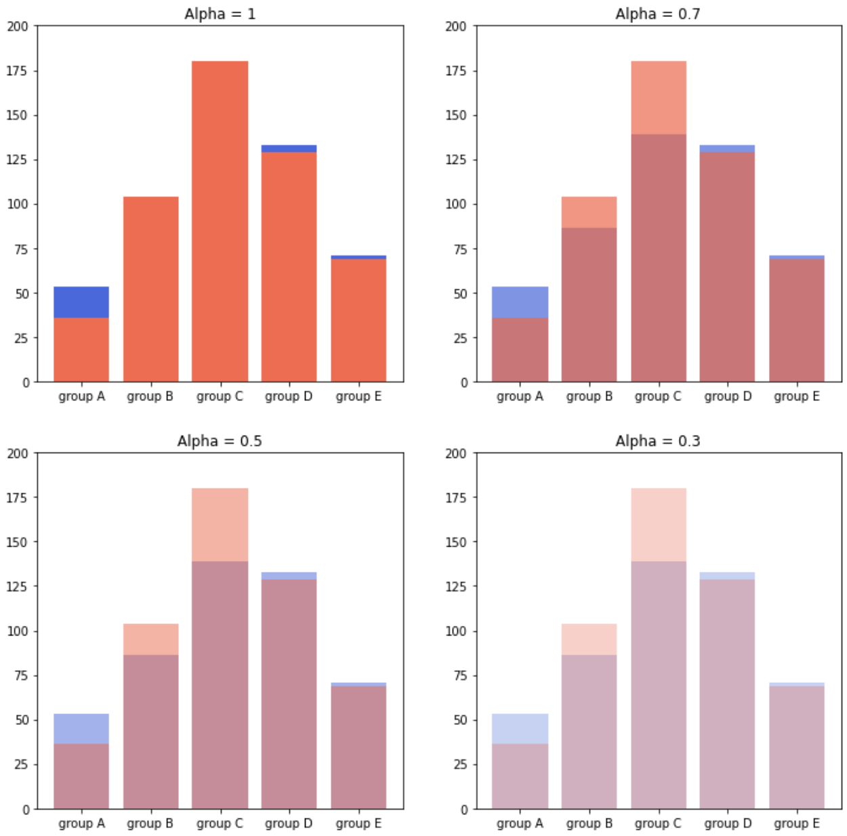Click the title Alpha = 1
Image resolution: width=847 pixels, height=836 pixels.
tap(220, 14)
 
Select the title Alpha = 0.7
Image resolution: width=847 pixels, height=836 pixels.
tap(657, 14)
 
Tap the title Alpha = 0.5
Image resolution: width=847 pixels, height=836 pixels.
tap(220, 441)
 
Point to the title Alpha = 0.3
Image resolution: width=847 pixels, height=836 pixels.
tap(657, 441)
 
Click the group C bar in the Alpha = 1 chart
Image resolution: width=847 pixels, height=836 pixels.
tap(220, 221)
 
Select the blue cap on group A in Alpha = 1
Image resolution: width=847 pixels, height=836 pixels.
tap(81, 302)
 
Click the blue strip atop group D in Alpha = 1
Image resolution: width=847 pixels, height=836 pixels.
tap(289, 148)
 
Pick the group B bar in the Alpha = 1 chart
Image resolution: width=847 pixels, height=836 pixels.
tap(150, 289)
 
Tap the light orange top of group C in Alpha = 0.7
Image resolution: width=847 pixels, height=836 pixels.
tap(659, 98)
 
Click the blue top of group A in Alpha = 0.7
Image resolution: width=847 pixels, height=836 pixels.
tap(520, 302)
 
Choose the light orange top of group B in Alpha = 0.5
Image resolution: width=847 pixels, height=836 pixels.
tap(150, 640)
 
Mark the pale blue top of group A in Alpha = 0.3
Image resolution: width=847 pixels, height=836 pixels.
tap(520, 729)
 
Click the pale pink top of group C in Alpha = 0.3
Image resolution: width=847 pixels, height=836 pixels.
tap(659, 525)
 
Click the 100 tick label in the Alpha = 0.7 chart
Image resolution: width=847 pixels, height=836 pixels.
tap(456, 205)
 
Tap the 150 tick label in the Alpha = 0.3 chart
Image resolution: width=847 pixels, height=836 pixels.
tap(456, 543)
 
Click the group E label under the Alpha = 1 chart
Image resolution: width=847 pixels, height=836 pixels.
tap(358, 397)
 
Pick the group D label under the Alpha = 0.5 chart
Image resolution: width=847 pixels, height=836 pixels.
tap(289, 824)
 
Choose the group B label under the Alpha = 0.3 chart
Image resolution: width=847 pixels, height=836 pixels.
tap(589, 824)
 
